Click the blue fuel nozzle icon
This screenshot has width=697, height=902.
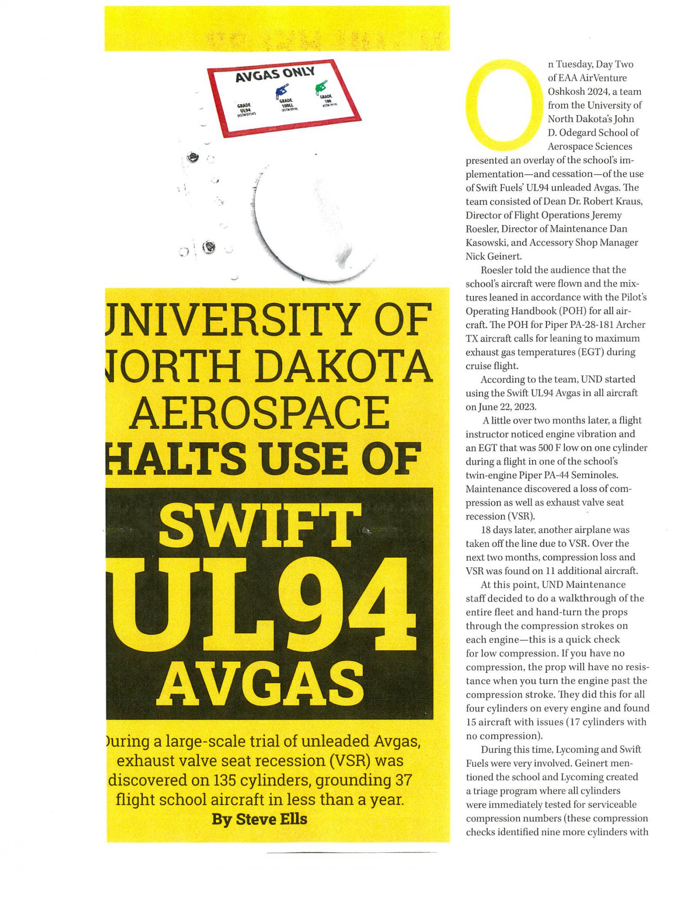click(282, 91)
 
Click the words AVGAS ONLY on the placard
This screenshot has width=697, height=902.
click(275, 74)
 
